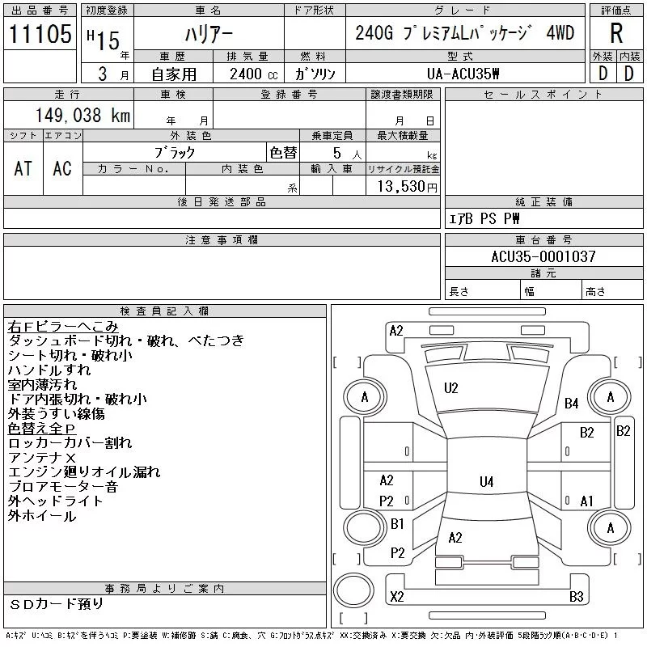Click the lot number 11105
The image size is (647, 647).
(x=40, y=33)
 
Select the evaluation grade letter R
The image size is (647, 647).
(x=616, y=33)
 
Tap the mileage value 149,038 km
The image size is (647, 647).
(x=82, y=115)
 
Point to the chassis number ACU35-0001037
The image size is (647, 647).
(x=543, y=256)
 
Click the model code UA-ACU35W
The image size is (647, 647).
(x=463, y=74)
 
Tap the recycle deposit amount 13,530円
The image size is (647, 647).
(x=407, y=187)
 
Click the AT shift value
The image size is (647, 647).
(x=23, y=168)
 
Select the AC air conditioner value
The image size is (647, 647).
(x=62, y=168)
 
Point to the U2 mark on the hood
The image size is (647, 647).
(x=450, y=388)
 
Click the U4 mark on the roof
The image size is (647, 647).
(x=487, y=481)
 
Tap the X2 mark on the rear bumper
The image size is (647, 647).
(x=397, y=597)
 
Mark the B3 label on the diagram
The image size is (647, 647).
(x=576, y=597)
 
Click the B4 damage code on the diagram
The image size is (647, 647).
(x=571, y=403)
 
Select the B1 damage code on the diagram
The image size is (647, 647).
(x=397, y=524)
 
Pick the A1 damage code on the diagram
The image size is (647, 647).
(x=586, y=501)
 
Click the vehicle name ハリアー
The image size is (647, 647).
(x=209, y=34)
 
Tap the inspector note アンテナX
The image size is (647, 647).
(x=42, y=458)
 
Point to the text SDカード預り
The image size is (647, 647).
(x=56, y=604)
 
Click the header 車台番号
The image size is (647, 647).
(x=543, y=239)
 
